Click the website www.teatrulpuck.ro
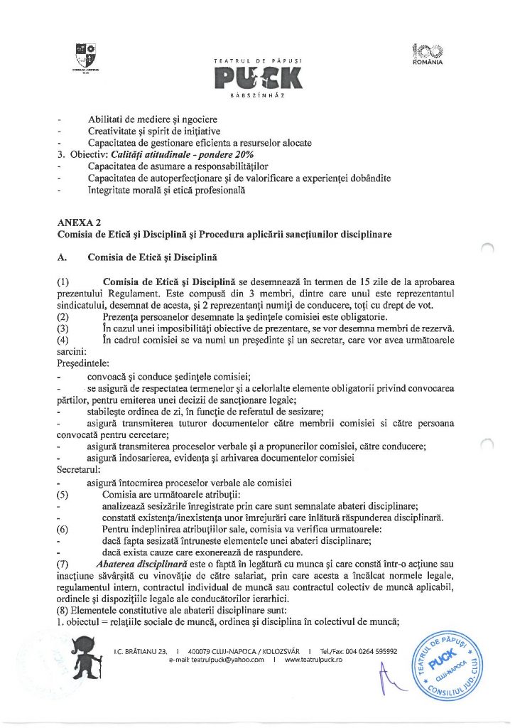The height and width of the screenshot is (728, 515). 313,660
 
